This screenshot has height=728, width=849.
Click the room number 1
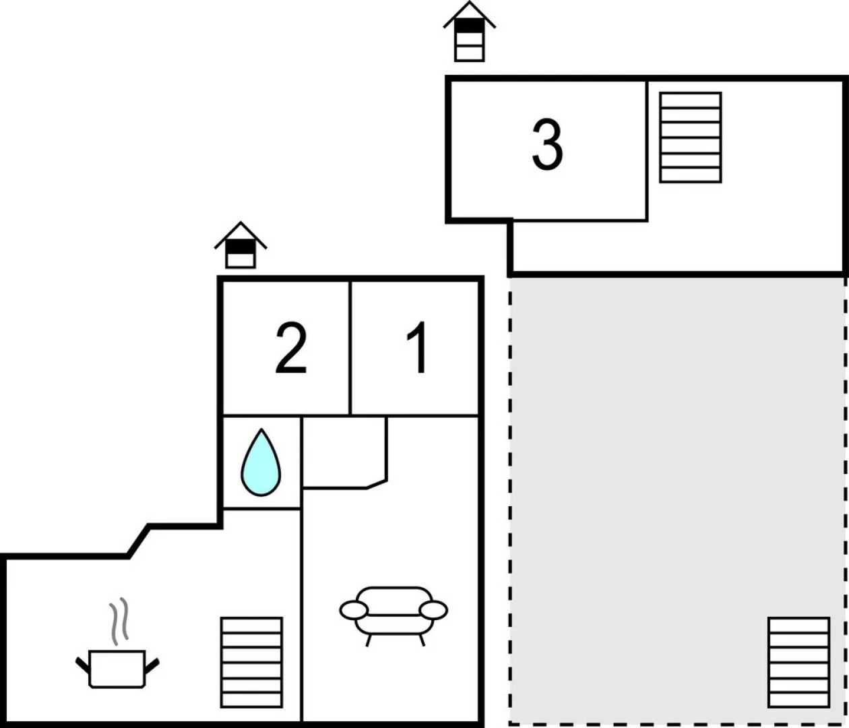coord(418,348)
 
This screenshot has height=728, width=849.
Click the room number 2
coord(291,348)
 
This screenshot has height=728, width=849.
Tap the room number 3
coord(547,145)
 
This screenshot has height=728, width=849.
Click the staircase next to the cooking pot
coord(251,662)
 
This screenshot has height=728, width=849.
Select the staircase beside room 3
coord(691,138)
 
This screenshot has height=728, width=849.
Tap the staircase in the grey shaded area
coord(798,662)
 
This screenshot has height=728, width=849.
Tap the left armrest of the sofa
coord(354,610)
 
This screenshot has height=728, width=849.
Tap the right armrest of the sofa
coord(433,610)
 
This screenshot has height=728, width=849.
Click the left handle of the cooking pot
coord(83,665)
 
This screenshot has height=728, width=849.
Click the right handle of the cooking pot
coord(152,665)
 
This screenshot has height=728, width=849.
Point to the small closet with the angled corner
coord(344,450)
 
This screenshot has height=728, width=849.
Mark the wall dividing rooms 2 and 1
coord(350,348)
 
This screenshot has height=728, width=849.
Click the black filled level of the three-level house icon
coord(469,26)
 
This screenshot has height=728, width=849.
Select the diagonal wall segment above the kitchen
coord(138,541)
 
